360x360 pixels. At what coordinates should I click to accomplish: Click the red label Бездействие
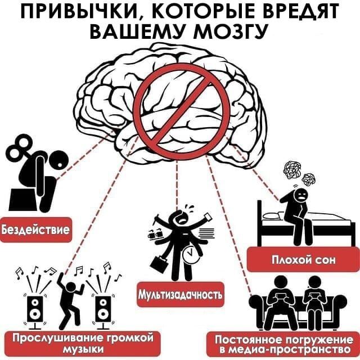point(35,230)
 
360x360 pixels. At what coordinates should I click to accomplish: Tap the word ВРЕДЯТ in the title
point(304,11)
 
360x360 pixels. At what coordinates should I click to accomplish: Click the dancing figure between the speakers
point(71,298)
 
